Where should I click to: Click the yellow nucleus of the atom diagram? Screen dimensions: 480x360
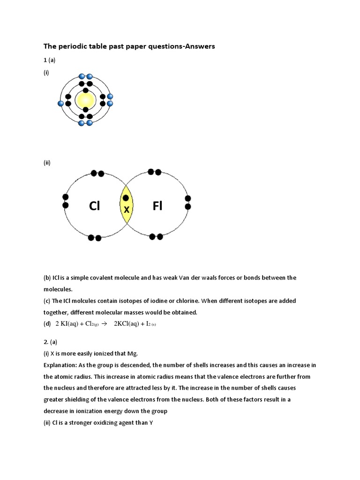85,100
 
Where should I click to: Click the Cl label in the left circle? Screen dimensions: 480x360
94,206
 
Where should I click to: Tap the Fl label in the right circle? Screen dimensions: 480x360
157,206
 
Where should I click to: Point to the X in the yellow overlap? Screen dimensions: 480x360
127,210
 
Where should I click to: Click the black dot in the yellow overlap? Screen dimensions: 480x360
126,198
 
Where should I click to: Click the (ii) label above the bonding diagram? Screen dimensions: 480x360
47,163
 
